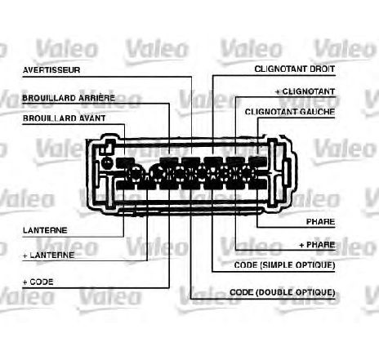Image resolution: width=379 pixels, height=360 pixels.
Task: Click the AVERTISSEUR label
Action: tap(51, 70)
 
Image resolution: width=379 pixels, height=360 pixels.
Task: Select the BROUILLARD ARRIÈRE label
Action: tap(69, 98)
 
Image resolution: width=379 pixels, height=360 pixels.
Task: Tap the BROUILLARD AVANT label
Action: tap(65, 118)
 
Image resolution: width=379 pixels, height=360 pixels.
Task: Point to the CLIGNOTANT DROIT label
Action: tap(295, 69)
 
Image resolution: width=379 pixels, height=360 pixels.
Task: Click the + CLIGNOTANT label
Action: tap(305, 91)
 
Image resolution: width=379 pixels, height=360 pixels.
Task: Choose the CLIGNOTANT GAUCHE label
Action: tap(290, 112)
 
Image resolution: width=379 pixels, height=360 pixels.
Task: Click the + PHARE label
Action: tap(317, 245)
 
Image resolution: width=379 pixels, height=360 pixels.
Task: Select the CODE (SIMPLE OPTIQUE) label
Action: tap(284, 264)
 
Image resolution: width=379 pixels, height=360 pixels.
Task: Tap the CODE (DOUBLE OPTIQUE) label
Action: tap(283, 292)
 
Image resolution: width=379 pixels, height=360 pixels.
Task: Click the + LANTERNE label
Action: tap(48, 256)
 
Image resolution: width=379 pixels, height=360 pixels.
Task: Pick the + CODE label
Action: tap(38, 282)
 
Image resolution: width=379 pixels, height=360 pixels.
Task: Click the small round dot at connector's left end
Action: tap(107, 163)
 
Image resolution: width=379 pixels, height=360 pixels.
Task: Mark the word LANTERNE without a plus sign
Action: tap(45, 230)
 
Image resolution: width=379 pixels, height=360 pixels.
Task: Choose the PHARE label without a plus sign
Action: tap(321, 222)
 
